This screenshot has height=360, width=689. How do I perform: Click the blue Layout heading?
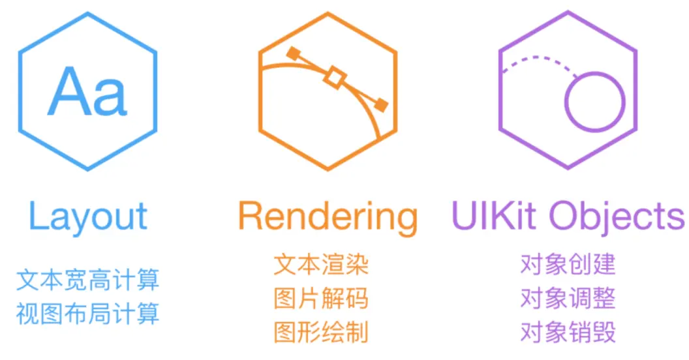point(88,218)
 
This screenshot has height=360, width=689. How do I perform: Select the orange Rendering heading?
point(327,218)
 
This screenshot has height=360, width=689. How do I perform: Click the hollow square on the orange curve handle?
point(335,77)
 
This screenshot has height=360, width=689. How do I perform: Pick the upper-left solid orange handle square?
point(293,53)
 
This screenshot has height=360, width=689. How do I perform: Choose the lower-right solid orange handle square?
point(380,104)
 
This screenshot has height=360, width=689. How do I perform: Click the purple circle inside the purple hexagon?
point(594,102)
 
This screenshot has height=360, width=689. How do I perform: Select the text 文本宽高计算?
point(87,281)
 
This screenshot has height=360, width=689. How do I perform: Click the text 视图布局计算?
point(87,314)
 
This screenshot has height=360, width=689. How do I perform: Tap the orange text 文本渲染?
point(321,265)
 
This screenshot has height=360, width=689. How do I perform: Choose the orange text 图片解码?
point(321,299)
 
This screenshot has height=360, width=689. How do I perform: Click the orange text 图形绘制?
point(321,332)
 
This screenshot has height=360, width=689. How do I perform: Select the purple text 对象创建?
point(568,265)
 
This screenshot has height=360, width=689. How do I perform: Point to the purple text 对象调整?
point(568,299)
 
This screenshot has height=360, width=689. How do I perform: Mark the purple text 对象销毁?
point(568,332)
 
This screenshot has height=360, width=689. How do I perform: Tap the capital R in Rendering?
point(251,217)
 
